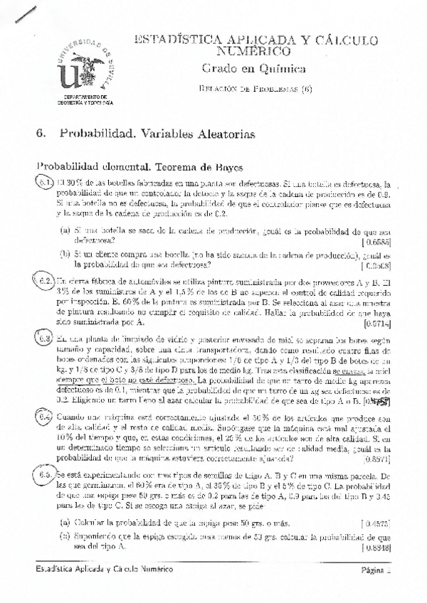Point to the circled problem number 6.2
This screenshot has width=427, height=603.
coord(45,281)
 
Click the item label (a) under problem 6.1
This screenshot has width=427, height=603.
coord(65,231)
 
